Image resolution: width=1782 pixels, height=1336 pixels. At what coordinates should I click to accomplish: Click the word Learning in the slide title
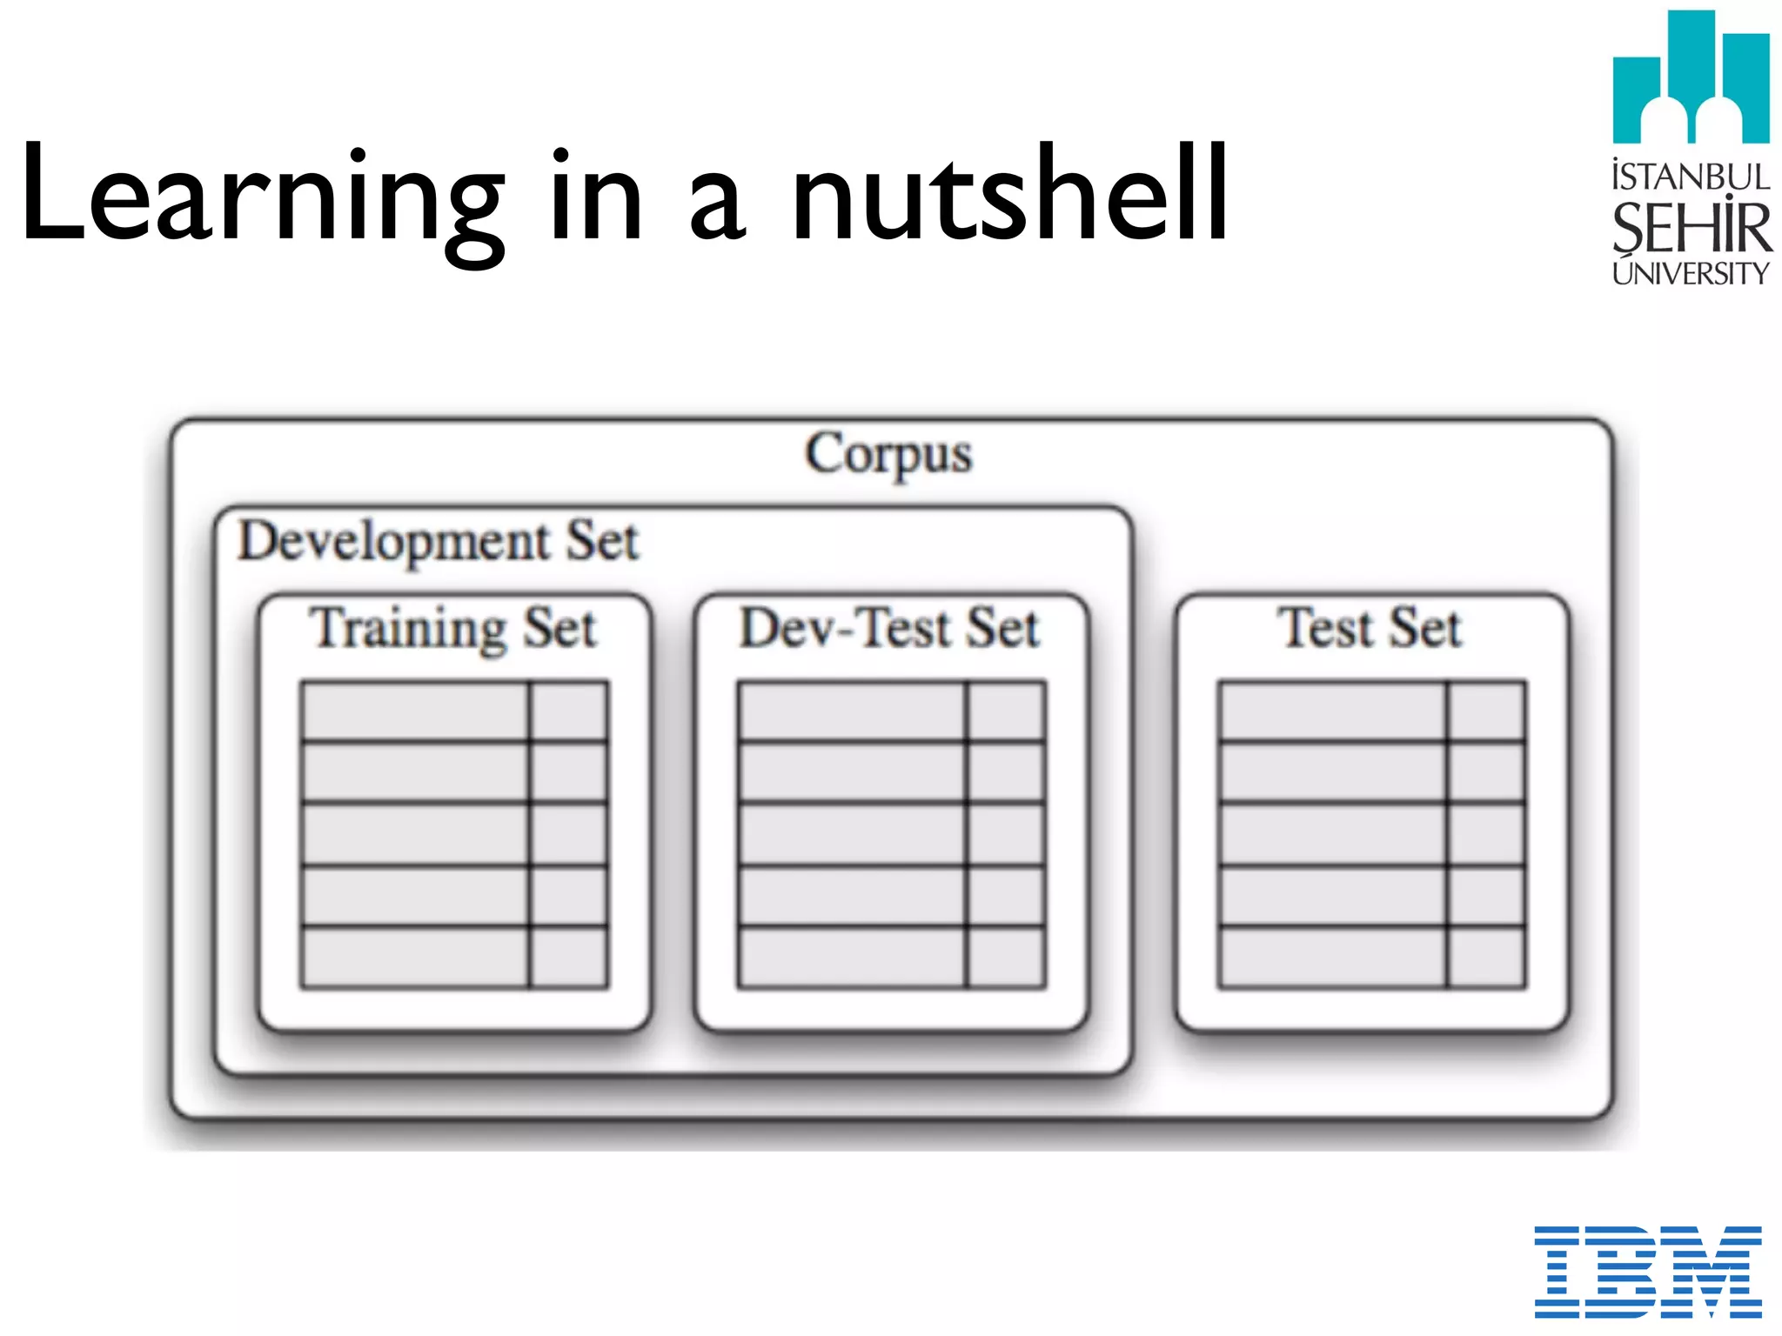click(261, 196)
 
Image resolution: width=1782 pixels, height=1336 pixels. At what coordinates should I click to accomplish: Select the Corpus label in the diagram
click(888, 453)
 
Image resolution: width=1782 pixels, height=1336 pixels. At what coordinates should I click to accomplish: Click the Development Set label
click(438, 541)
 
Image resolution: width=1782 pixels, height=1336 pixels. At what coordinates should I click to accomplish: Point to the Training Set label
click(453, 628)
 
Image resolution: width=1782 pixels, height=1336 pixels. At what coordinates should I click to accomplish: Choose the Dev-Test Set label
click(889, 628)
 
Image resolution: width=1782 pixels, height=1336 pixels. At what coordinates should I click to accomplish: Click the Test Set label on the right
click(1370, 628)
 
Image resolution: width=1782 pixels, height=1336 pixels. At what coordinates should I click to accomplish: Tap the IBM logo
click(1647, 1271)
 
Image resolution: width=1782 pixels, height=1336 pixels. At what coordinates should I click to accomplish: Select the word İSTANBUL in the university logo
click(1691, 177)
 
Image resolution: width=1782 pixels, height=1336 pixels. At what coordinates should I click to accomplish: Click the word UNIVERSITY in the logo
click(1691, 273)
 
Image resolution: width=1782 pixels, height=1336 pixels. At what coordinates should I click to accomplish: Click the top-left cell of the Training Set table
click(414, 711)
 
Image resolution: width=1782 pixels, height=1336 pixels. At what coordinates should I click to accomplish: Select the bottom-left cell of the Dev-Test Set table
click(851, 957)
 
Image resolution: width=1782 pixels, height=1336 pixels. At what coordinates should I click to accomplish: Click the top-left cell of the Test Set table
click(1332, 711)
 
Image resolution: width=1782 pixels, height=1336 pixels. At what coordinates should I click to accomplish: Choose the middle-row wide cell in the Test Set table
click(1332, 834)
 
